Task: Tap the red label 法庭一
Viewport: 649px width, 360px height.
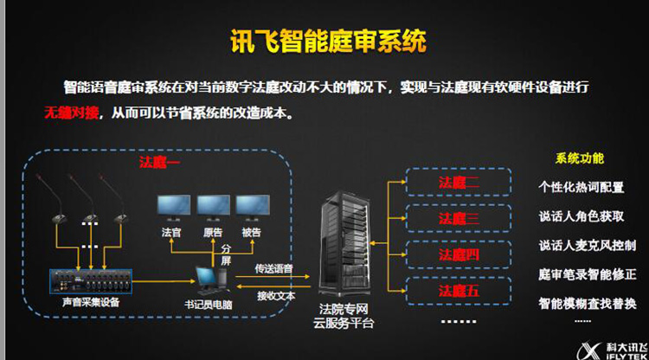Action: [157, 162]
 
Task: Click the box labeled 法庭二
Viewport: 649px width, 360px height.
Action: [458, 182]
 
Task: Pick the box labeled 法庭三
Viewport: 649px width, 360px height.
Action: [458, 218]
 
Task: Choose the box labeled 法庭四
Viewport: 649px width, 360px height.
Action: [458, 254]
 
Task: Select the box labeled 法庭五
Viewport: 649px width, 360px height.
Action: [458, 290]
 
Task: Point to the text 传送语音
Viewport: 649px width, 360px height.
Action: [274, 269]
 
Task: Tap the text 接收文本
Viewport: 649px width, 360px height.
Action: [274, 295]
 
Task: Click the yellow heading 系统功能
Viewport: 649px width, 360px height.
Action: [579, 158]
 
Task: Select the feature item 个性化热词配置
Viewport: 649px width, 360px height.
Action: [581, 187]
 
